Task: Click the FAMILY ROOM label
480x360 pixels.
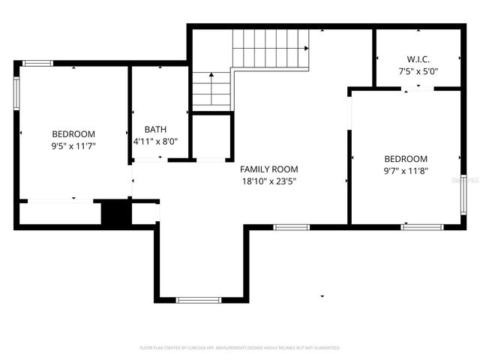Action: (268, 169)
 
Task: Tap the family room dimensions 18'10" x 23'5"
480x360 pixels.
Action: (268, 181)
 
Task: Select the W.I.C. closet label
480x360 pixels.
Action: (418, 59)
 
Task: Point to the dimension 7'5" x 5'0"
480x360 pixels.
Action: (418, 72)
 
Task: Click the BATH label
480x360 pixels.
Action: (155, 129)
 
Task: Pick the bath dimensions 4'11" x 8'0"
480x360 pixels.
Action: (155, 141)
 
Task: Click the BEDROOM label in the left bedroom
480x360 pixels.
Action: (73, 134)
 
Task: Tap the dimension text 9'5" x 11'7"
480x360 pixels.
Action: (73, 146)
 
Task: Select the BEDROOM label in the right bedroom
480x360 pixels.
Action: (406, 159)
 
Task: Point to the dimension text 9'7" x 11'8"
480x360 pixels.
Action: (406, 171)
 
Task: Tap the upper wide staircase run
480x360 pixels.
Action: (270, 48)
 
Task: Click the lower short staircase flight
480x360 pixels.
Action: (211, 90)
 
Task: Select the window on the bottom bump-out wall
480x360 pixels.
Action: (198, 300)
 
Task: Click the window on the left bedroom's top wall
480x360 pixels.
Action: (37, 64)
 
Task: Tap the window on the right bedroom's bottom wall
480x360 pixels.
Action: (421, 226)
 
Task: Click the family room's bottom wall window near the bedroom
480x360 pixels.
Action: (291, 226)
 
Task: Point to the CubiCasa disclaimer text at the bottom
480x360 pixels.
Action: (240, 348)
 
